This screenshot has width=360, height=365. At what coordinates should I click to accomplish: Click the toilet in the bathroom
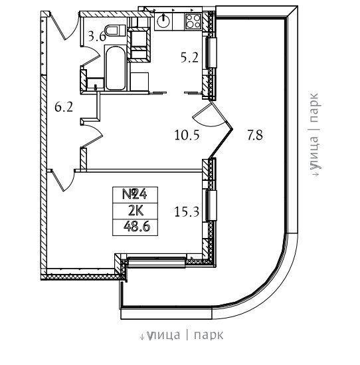(115, 31)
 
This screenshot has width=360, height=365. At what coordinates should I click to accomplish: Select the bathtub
(115, 68)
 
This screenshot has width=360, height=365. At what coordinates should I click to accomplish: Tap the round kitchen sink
(163, 21)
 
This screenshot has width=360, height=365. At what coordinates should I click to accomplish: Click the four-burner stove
(193, 21)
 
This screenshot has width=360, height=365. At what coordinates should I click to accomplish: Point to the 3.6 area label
(97, 37)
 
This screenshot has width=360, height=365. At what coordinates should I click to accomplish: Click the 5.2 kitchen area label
(189, 57)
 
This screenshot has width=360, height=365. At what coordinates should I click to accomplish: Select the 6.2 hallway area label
(64, 107)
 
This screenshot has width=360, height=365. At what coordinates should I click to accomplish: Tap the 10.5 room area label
(187, 135)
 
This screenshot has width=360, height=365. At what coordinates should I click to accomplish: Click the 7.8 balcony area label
(255, 135)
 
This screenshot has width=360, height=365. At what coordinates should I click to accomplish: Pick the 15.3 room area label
(187, 212)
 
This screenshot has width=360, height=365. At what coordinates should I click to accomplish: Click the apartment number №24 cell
(135, 195)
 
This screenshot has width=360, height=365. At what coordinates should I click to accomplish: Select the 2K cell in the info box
(135, 211)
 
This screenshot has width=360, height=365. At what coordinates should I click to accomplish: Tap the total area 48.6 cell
(135, 227)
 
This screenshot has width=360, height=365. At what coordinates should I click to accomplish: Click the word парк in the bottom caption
(209, 335)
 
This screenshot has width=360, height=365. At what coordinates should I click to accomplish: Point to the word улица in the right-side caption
(314, 152)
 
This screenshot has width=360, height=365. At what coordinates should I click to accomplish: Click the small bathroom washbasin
(96, 83)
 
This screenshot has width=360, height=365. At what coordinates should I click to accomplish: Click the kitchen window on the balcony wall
(211, 53)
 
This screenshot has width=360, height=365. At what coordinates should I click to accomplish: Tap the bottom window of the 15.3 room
(157, 261)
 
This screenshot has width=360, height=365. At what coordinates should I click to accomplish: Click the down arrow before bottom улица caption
(142, 336)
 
